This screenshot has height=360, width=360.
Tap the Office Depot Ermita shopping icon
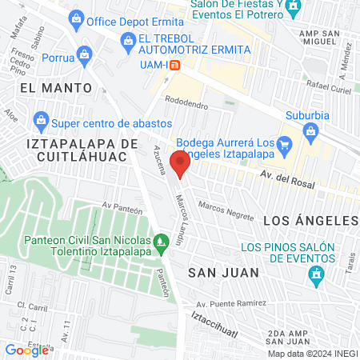tap(76, 18)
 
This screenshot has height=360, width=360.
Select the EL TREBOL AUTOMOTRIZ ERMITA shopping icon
tap(127, 40)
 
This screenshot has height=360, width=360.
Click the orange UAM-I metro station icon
tap(184, 65)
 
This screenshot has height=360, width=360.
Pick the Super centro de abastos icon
tap(41, 122)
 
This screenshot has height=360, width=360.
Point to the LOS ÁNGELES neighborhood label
tap(310, 219)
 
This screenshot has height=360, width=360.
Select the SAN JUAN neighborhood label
tap(223, 272)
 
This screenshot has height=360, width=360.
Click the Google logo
tap(26, 350)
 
